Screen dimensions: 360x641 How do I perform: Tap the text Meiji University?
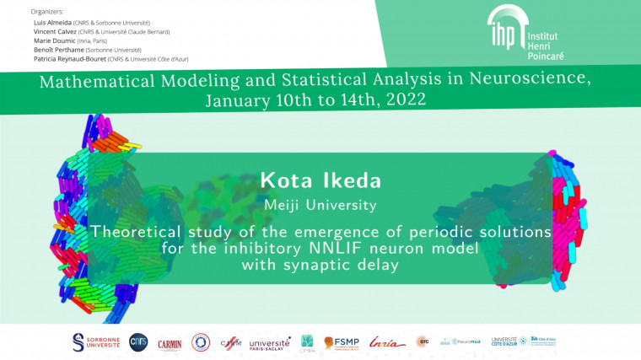click(x=320, y=204)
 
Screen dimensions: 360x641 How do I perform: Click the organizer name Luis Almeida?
click(x=50, y=22)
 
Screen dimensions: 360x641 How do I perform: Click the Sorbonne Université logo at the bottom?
click(x=96, y=342)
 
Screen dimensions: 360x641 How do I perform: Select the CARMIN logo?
click(x=170, y=343)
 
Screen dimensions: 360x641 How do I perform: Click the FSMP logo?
click(x=342, y=342)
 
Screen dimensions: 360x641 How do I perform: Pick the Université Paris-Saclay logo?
click(x=269, y=343)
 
